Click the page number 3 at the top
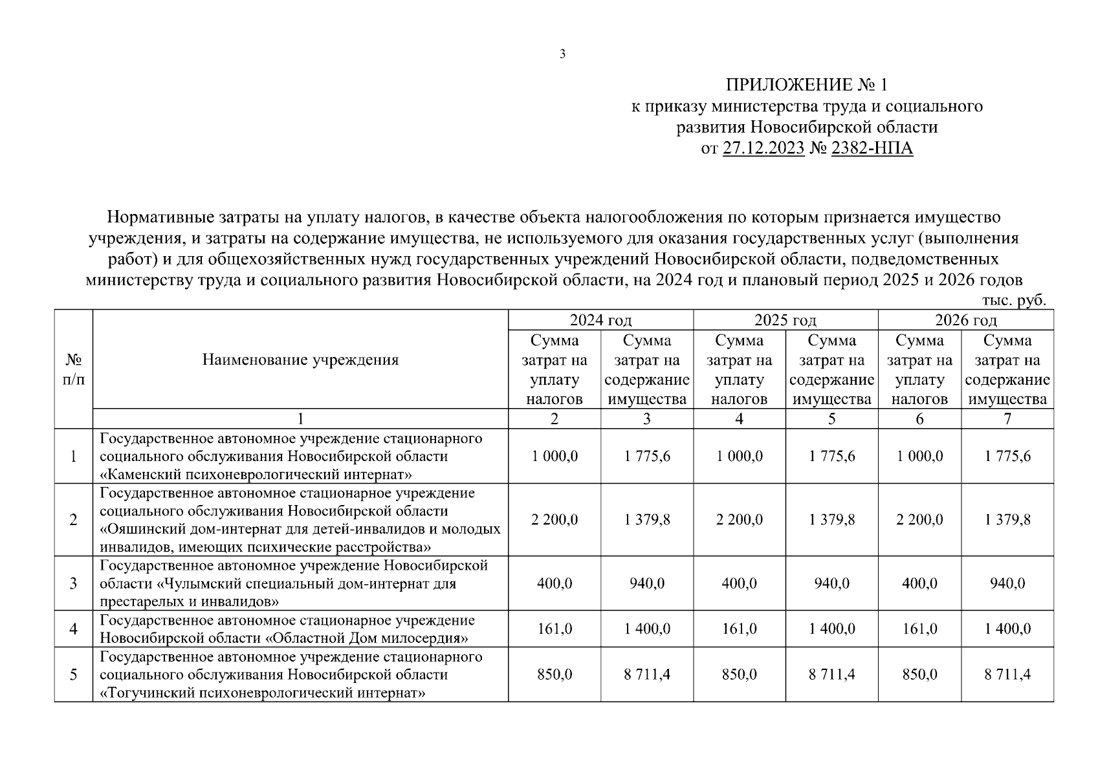pos(562,54)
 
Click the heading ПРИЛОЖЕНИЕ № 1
pos(807,85)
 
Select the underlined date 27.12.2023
pos(763,149)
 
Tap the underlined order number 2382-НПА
pos(872,149)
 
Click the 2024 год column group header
pos(600,320)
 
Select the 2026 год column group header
pos(965,320)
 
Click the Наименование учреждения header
pos(300,360)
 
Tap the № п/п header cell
pos(73,369)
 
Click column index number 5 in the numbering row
pos(831,418)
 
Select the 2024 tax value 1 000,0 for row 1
pos(554,456)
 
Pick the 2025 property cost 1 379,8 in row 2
pos(831,519)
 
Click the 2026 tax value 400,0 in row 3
pos(919,583)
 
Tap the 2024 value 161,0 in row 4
pos(554,629)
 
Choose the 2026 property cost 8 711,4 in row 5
pos(1007,674)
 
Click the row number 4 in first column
pos(73,629)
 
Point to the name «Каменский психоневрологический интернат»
pos(256,475)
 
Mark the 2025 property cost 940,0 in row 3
pos(831,583)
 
